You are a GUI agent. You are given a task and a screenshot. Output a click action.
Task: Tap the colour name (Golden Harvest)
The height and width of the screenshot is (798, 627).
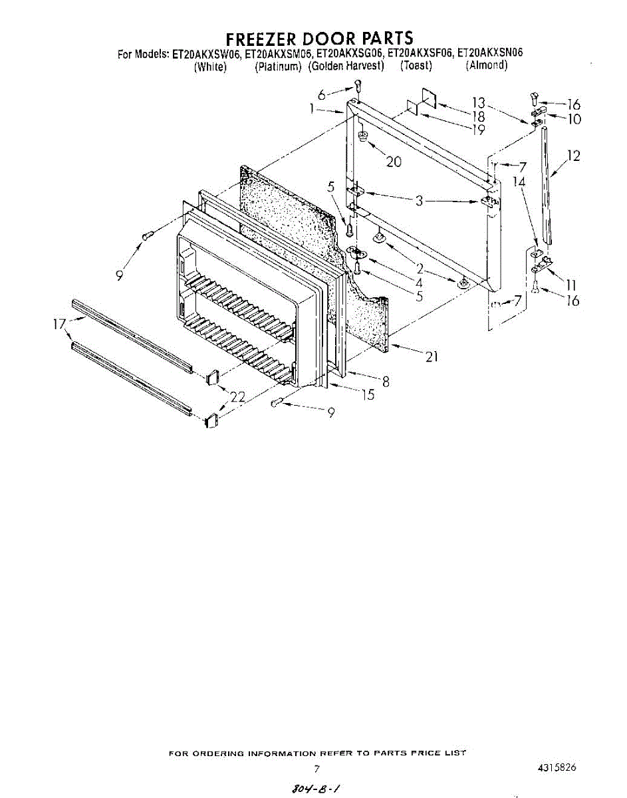(x=346, y=65)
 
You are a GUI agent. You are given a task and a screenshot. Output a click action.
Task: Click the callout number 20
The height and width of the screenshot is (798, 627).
(x=394, y=161)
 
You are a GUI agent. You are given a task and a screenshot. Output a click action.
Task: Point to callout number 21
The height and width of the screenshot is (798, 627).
(x=432, y=357)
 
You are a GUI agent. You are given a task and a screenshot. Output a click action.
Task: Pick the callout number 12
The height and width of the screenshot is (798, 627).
(x=573, y=156)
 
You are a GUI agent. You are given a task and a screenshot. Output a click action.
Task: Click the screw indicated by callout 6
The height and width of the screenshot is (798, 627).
(x=358, y=85)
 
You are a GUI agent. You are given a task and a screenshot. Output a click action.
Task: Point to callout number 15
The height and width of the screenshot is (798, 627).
(x=367, y=394)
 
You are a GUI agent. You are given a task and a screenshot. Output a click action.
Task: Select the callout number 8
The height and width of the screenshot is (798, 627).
(x=386, y=382)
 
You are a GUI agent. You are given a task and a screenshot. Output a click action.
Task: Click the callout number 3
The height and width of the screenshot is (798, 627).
(x=419, y=200)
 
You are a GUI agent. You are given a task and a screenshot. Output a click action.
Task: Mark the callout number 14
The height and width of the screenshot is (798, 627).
(x=519, y=181)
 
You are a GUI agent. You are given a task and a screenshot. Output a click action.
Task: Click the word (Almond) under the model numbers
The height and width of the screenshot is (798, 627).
(x=487, y=65)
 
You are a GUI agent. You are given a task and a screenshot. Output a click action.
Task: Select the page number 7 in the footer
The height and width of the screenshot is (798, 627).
(x=317, y=769)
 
